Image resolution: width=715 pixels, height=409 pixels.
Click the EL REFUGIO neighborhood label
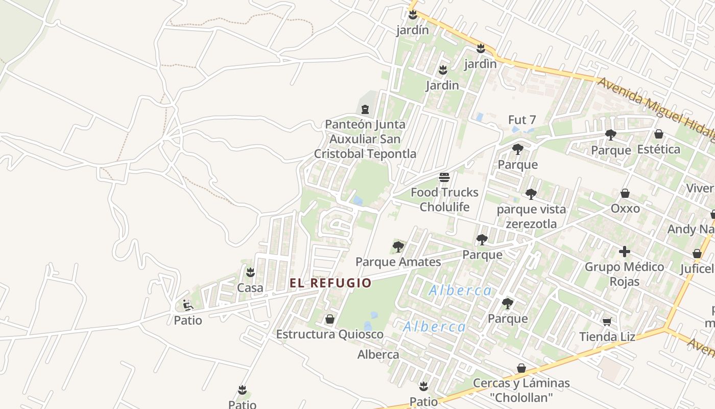click(x=330, y=283)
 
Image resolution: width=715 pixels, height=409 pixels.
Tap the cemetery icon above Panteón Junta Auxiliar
click(x=365, y=109)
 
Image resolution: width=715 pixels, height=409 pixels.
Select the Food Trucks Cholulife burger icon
click(x=444, y=177)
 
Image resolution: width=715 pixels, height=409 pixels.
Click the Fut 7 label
click(x=522, y=120)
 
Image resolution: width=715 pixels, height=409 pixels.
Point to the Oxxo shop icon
click(x=625, y=193)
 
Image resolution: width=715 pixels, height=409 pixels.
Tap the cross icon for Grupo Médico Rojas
click(x=624, y=252)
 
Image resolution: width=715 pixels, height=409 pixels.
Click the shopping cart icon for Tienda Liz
click(x=607, y=321)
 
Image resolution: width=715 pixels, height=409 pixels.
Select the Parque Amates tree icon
click(x=398, y=247)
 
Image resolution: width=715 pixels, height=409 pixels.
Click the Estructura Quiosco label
click(x=330, y=334)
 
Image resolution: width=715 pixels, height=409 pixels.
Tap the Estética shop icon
click(x=659, y=134)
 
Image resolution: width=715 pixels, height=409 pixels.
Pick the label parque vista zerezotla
click(x=531, y=216)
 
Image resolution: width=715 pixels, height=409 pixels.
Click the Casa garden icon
click(x=250, y=272)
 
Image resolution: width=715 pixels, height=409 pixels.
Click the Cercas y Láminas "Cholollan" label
click(x=521, y=390)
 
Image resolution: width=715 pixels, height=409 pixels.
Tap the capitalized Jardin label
click(x=442, y=85)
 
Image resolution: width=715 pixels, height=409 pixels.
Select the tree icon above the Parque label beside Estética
click(x=610, y=135)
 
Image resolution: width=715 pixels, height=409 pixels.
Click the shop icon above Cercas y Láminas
click(x=521, y=368)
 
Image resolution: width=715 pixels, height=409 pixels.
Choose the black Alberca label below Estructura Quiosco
click(x=378, y=354)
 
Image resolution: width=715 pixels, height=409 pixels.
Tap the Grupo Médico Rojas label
click(x=624, y=274)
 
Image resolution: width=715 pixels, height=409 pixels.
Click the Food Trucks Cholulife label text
click(x=444, y=199)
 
